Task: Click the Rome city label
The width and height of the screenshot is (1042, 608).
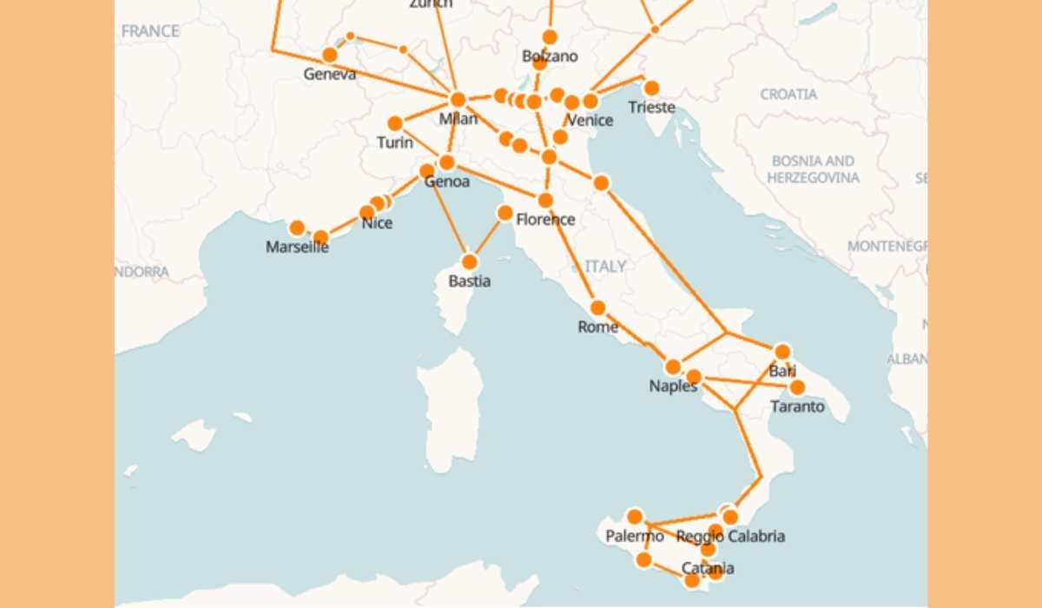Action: [597, 327]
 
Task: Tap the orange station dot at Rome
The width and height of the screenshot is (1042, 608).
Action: [597, 307]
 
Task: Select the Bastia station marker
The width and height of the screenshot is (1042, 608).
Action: [470, 261]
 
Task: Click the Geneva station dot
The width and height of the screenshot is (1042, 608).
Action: [330, 55]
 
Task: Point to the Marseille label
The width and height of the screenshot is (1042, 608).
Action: [297, 247]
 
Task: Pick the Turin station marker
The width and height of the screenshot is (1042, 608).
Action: [395, 123]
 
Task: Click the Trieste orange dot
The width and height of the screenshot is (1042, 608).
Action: [651, 88]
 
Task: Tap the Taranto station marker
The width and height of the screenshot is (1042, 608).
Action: [797, 387]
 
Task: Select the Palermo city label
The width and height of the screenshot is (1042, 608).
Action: [635, 536]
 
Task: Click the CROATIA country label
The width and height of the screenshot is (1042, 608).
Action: [788, 94]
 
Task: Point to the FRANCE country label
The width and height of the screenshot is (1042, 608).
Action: [150, 31]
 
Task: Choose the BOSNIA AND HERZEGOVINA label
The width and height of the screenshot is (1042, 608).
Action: [813, 169]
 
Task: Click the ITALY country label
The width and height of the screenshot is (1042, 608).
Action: [605, 267]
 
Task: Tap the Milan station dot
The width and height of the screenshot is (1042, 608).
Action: [458, 99]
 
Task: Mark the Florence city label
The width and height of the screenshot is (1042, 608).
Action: [545, 220]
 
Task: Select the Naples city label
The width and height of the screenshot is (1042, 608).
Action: [673, 387]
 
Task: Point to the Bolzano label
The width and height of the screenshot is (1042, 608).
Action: [550, 56]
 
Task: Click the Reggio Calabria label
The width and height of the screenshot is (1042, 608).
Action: [730, 537]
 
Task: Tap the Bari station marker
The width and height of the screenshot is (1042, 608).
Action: [782, 352]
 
